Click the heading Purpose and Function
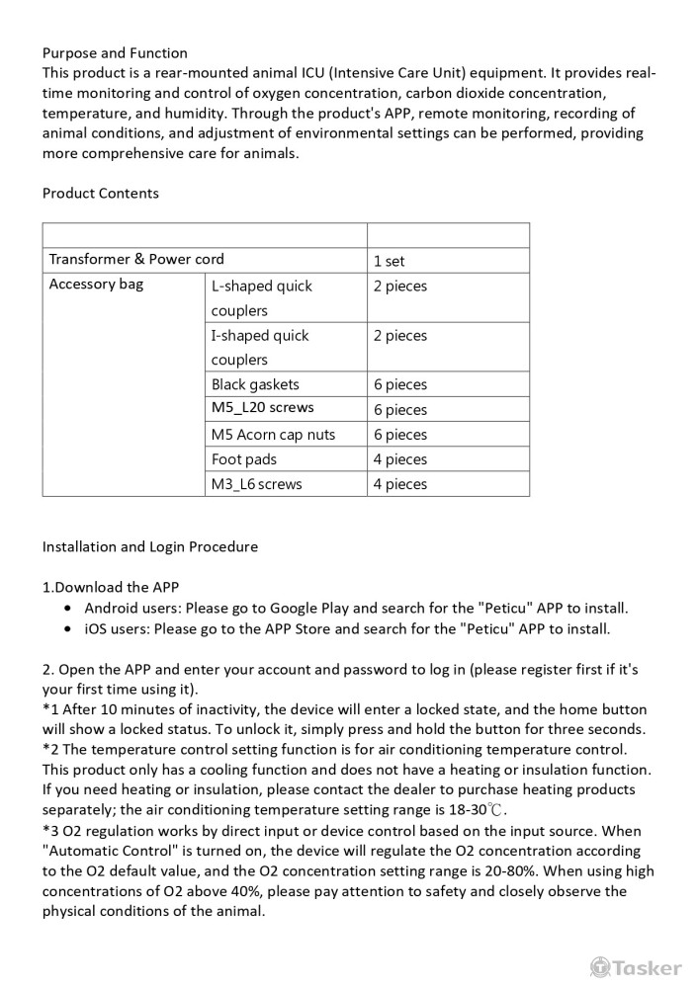[115, 52]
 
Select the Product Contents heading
[101, 193]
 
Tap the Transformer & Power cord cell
[136, 260]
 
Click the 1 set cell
[390, 262]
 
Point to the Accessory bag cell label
[96, 285]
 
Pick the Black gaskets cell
[255, 384]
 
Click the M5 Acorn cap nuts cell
[273, 434]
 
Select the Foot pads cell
[244, 458]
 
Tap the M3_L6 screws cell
[257, 484]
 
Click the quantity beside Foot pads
[400, 459]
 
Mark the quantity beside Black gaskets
[400, 385]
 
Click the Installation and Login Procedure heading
[150, 546]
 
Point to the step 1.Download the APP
[111, 587]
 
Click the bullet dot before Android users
[66, 609]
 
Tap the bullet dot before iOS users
[66, 628]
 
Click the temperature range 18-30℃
[478, 810]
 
